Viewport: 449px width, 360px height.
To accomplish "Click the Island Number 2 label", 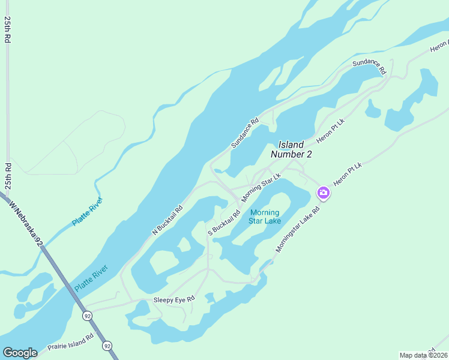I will [292, 149].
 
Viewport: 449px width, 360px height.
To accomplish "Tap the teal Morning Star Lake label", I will [265, 217].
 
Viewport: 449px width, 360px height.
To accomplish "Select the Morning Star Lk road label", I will [261, 188].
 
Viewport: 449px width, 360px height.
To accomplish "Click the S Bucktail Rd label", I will [224, 222].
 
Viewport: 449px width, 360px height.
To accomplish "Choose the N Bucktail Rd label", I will [167, 220].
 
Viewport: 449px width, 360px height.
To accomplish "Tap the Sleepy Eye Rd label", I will [175, 299].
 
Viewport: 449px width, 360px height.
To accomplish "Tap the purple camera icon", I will [323, 193].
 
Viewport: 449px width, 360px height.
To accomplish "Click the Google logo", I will [20, 353].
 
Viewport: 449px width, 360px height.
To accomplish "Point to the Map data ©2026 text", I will [423, 355].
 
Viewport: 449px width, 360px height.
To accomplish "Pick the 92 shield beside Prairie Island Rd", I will [107, 346].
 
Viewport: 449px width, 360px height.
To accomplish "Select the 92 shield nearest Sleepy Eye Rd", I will [88, 315].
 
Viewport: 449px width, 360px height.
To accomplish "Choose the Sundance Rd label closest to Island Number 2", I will [245, 133].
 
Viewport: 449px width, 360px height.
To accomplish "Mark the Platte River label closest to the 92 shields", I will [91, 278].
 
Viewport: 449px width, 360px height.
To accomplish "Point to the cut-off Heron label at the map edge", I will [439, 45].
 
